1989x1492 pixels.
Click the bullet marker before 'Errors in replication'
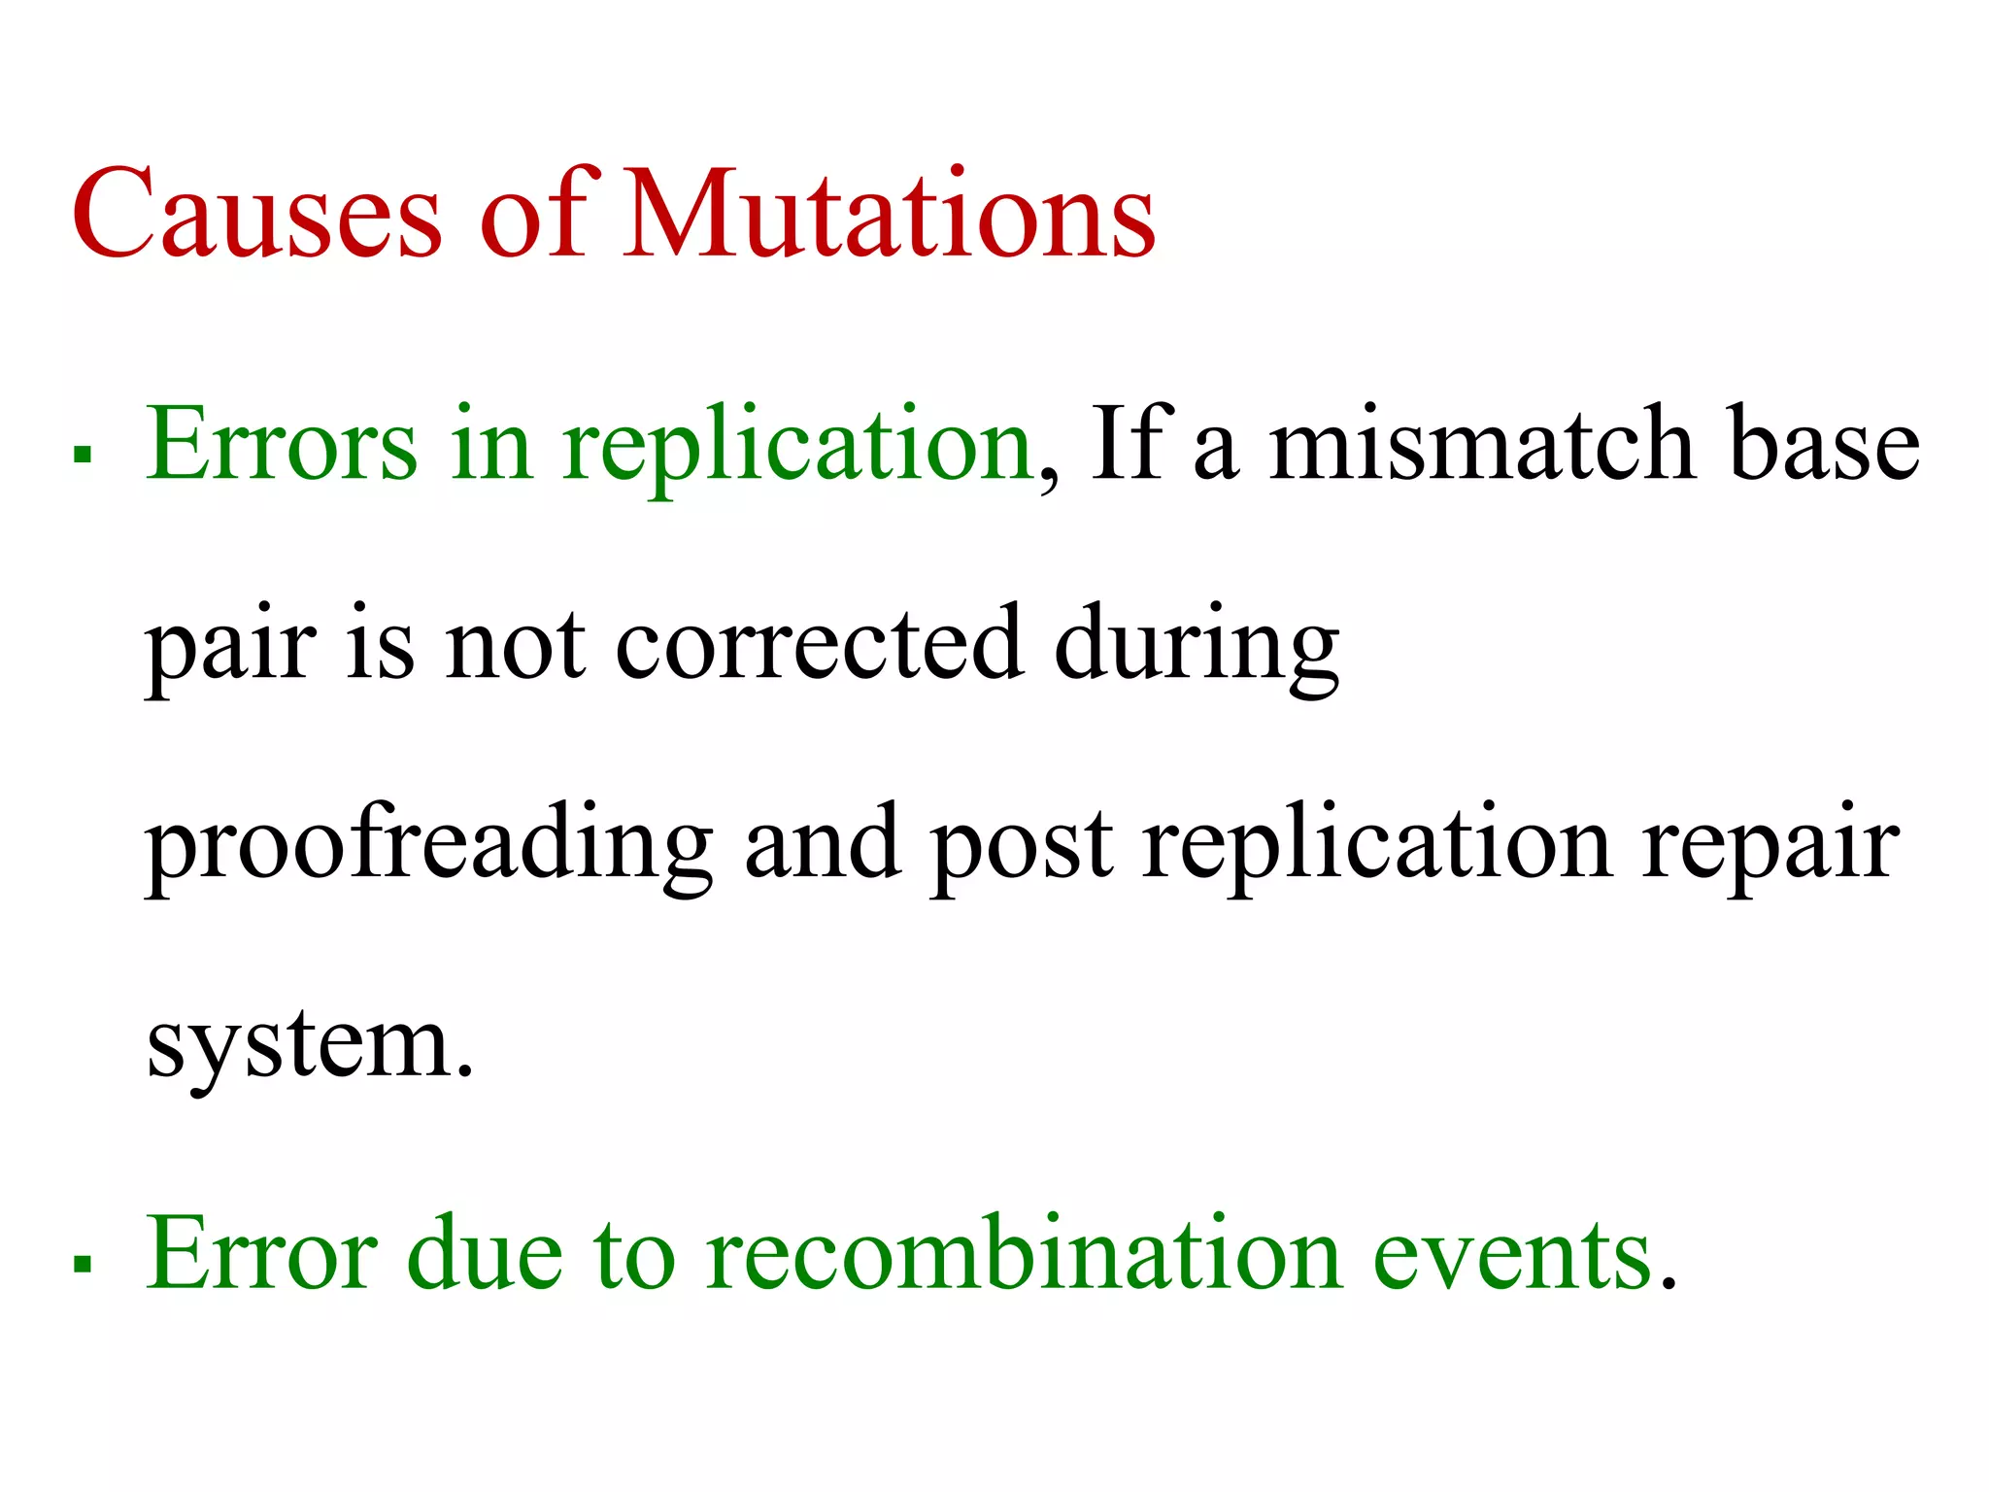pyautogui.click(x=83, y=453)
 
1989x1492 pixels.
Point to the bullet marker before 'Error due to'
pyautogui.click(x=83, y=1263)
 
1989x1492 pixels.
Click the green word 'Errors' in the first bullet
pyautogui.click(x=282, y=445)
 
